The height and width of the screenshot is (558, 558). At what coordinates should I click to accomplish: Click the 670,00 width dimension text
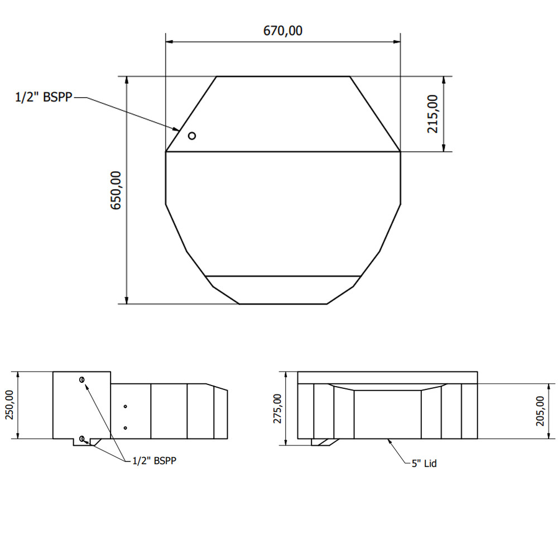coord(283,31)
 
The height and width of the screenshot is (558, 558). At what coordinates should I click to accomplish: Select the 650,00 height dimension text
coord(116,190)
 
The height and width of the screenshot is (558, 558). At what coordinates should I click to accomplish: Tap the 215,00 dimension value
coord(433,114)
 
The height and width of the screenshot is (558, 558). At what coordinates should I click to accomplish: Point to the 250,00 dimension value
coord(9,405)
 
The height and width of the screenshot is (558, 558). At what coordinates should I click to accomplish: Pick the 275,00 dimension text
coord(277,408)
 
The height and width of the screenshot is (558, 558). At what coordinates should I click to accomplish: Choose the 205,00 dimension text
coord(540,411)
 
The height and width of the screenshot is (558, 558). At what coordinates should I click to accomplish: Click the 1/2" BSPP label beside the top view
coord(44,98)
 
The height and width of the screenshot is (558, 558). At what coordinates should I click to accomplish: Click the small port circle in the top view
coord(192,136)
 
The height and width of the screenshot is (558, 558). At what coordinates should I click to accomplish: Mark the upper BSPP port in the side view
coord(82,380)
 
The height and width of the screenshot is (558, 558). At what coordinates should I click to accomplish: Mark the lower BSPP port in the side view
coord(82,439)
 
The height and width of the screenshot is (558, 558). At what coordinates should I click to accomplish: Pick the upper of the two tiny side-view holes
coord(126,406)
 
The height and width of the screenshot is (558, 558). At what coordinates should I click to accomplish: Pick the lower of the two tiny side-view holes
coord(126,427)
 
